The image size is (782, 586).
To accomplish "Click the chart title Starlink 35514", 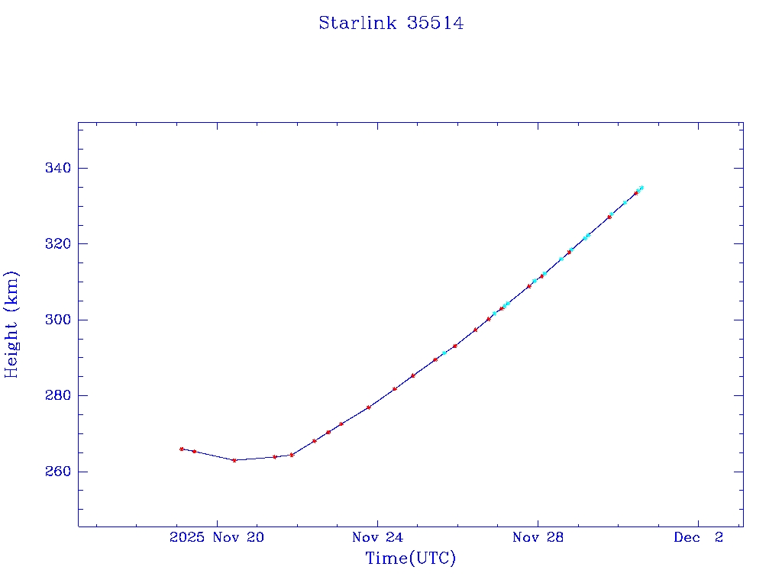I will pos(391,23).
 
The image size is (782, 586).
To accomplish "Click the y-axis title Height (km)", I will pos(11,324).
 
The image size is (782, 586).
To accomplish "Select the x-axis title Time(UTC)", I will pos(410,559).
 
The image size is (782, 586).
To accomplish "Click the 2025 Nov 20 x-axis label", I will pos(217,538).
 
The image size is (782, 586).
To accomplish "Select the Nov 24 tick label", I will pos(377,538).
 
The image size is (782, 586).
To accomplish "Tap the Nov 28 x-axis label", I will pos(538,538).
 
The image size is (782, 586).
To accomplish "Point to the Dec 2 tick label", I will pos(698,538).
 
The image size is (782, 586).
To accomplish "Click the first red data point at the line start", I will pos(182,449).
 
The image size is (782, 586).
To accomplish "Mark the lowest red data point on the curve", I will pos(234,460).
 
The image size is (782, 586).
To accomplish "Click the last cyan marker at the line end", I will pos(641,187).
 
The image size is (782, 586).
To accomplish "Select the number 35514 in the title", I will pos(435,23).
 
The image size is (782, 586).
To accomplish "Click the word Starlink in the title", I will pos(358,23).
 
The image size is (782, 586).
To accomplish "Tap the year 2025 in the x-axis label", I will pos(186,538).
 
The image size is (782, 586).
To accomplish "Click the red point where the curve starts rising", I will pos(292,455).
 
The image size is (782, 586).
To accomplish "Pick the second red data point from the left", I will pos(194,452).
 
